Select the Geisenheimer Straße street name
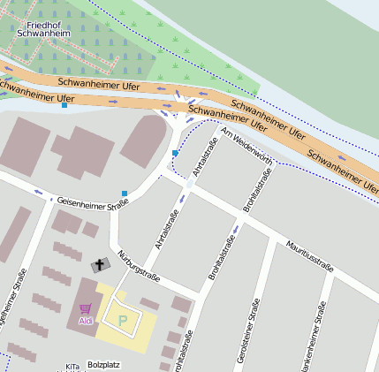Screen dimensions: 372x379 coord(93,201)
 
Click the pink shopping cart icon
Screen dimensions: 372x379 coord(86,308)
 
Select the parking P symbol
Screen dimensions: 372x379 coord(123,319)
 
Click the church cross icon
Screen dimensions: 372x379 coord(99,263)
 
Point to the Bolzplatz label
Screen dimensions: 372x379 coord(103,364)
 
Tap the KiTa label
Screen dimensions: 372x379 coord(72,366)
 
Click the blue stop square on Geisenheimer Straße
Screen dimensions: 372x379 coord(125,193)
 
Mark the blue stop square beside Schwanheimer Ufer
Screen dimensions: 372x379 coord(64,106)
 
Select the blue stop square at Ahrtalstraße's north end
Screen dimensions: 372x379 coord(175,153)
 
